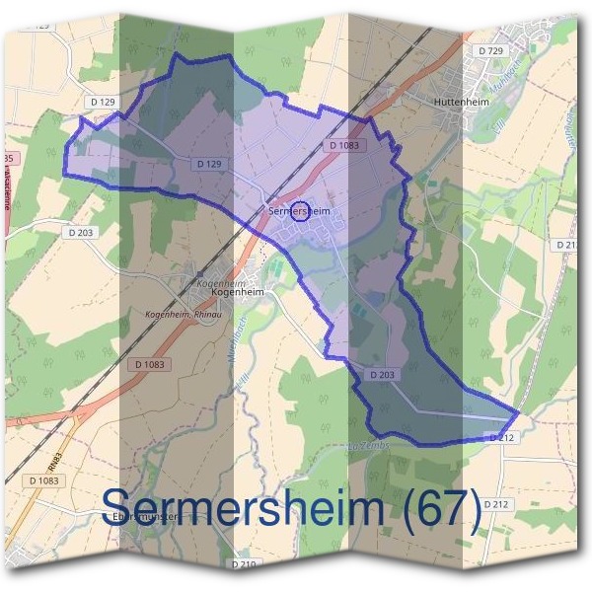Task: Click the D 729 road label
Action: click(x=490, y=50)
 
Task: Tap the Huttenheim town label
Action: click(x=461, y=101)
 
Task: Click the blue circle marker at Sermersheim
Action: click(x=303, y=210)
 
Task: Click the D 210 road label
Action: click(x=244, y=564)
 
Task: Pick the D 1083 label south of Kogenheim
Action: click(x=149, y=364)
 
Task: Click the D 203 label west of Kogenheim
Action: click(x=83, y=233)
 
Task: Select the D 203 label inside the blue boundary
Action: click(x=383, y=375)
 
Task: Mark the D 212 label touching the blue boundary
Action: click(x=502, y=437)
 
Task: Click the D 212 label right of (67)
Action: click(x=496, y=504)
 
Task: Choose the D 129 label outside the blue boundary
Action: click(x=103, y=103)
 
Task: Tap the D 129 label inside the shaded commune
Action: click(x=208, y=163)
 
